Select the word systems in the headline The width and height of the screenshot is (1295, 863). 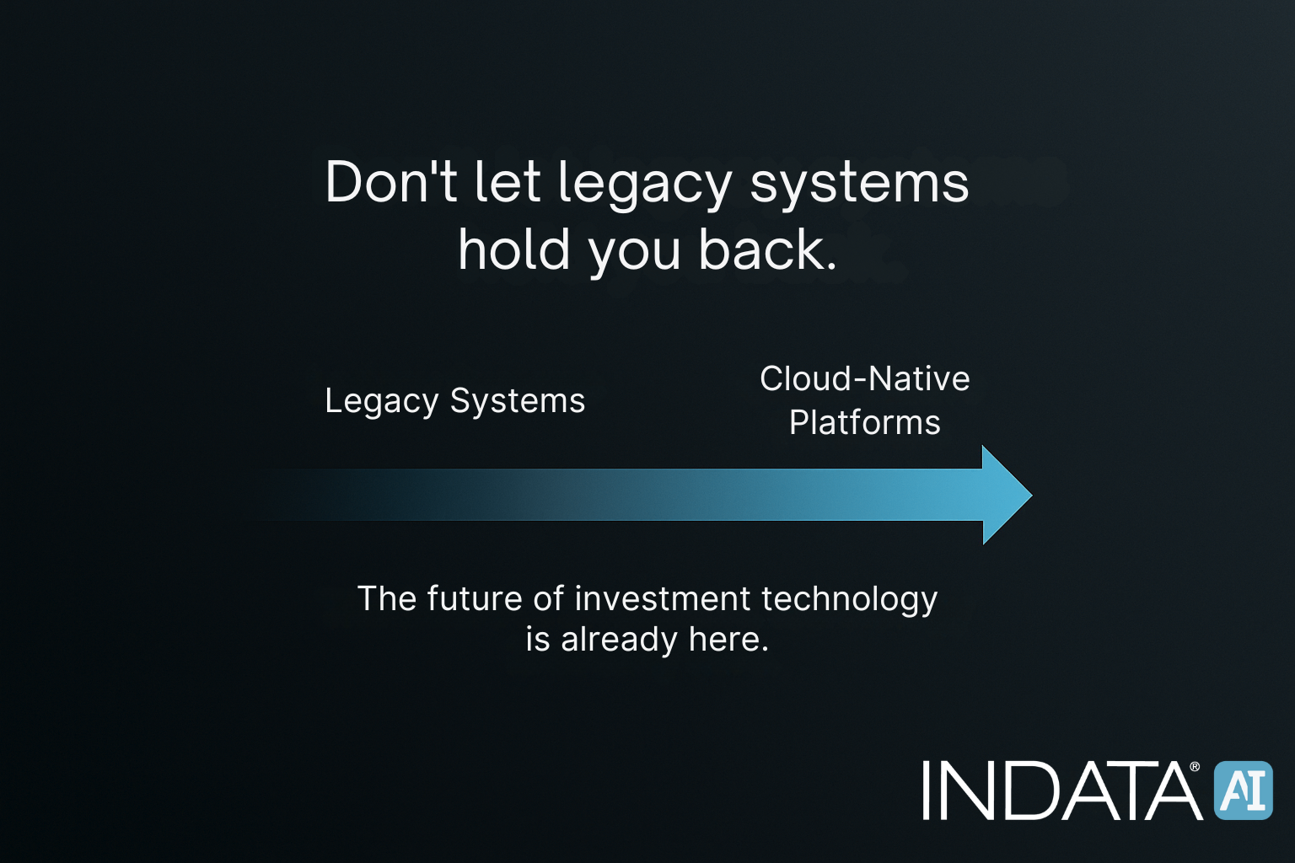pyautogui.click(x=859, y=184)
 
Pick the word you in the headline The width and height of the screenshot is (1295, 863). pyautogui.click(x=634, y=253)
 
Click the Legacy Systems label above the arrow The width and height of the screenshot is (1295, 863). pyautogui.click(x=454, y=401)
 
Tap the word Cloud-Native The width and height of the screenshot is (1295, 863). pyautogui.click(x=864, y=378)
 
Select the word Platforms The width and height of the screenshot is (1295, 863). pyautogui.click(x=864, y=422)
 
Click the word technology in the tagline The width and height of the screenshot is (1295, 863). pyautogui.click(x=849, y=600)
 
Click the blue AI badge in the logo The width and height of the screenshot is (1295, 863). pyautogui.click(x=1243, y=791)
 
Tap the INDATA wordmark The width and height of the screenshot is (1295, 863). pyautogui.click(x=1061, y=791)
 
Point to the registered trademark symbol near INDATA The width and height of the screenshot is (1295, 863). pyautogui.click(x=1195, y=767)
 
